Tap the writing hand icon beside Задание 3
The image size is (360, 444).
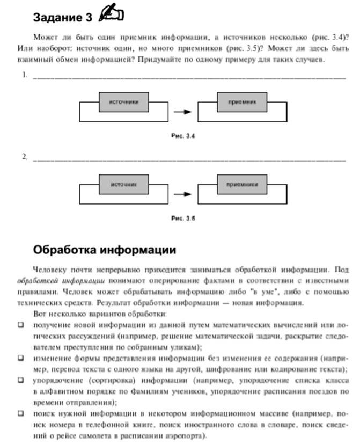(112, 16)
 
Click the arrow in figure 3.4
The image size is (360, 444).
(183, 112)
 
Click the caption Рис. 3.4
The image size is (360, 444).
(183, 136)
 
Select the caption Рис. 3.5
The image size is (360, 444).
(183, 219)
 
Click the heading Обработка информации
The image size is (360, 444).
(105, 250)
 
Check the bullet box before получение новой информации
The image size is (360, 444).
(21, 324)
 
